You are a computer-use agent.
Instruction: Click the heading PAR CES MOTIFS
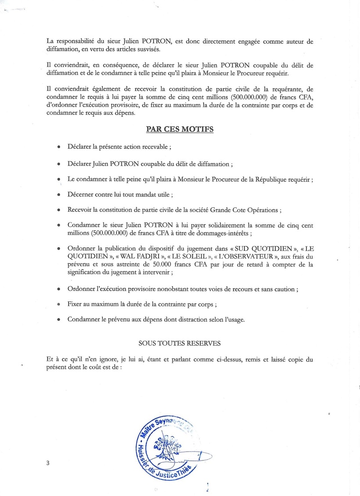pyautogui.click(x=180, y=130)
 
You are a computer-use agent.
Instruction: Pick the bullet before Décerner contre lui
pyautogui.click(x=58, y=194)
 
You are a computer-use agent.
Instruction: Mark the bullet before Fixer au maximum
pyautogui.click(x=58, y=304)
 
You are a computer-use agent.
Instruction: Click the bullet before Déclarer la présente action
pyautogui.click(x=58, y=148)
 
